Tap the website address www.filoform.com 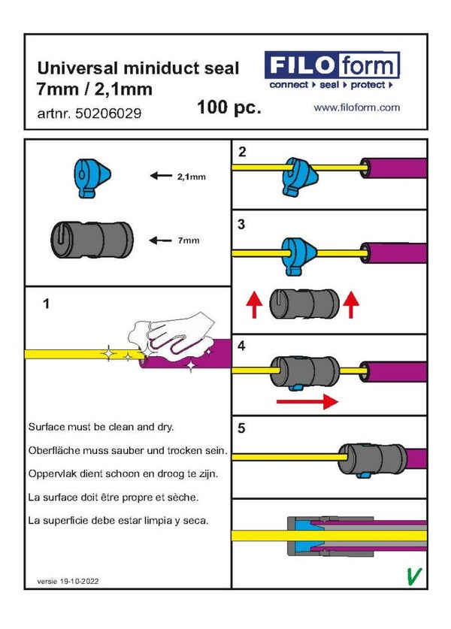click(x=356, y=108)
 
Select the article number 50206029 click(x=89, y=114)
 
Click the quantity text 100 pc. click(x=229, y=107)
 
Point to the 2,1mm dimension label click(x=191, y=177)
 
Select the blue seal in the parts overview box click(x=92, y=177)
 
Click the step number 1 click(x=47, y=304)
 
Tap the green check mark click(x=412, y=576)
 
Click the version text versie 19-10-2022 click(x=68, y=582)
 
